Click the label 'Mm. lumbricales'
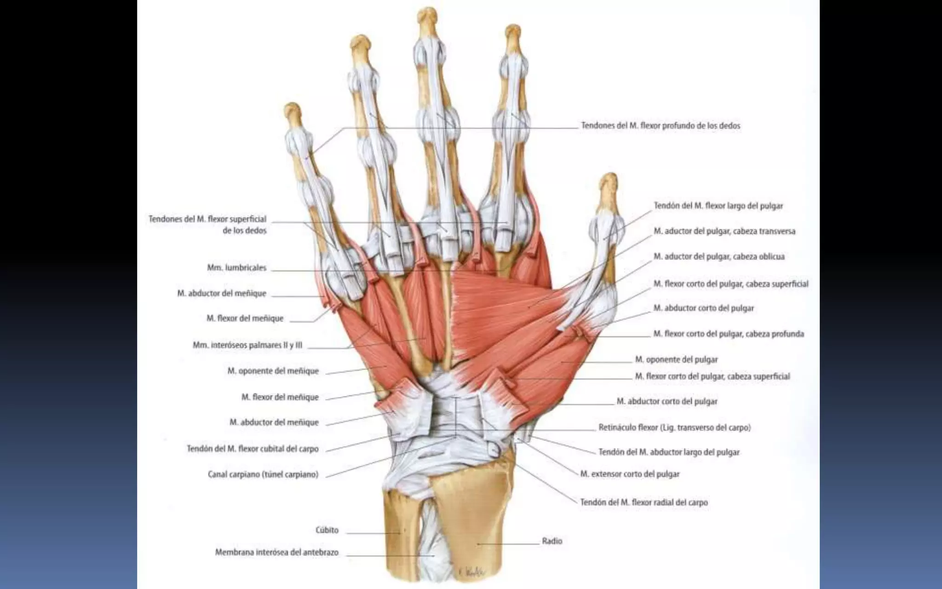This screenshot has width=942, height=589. click(236, 268)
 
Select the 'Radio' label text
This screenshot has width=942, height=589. click(552, 541)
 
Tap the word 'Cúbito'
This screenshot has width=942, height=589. click(327, 530)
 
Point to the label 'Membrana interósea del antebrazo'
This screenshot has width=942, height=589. click(277, 552)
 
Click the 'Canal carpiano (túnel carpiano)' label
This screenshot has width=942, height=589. click(263, 474)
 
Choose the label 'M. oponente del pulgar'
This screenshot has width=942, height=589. click(676, 359)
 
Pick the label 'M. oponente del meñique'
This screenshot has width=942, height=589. click(273, 371)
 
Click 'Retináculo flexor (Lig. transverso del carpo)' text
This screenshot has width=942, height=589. click(674, 427)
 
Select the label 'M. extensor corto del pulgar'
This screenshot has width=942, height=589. click(630, 474)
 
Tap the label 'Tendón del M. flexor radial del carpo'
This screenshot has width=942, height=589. click(644, 502)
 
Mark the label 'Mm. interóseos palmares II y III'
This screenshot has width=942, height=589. click(247, 345)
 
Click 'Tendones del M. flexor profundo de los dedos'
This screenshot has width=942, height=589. click(661, 126)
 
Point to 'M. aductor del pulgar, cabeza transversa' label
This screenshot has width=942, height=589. click(724, 231)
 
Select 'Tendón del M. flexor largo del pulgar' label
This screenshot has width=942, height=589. click(718, 206)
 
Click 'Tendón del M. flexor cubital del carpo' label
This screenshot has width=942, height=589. click(253, 449)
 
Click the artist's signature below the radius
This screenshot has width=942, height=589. click(471, 572)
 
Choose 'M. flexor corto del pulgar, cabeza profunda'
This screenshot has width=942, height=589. click(729, 334)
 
